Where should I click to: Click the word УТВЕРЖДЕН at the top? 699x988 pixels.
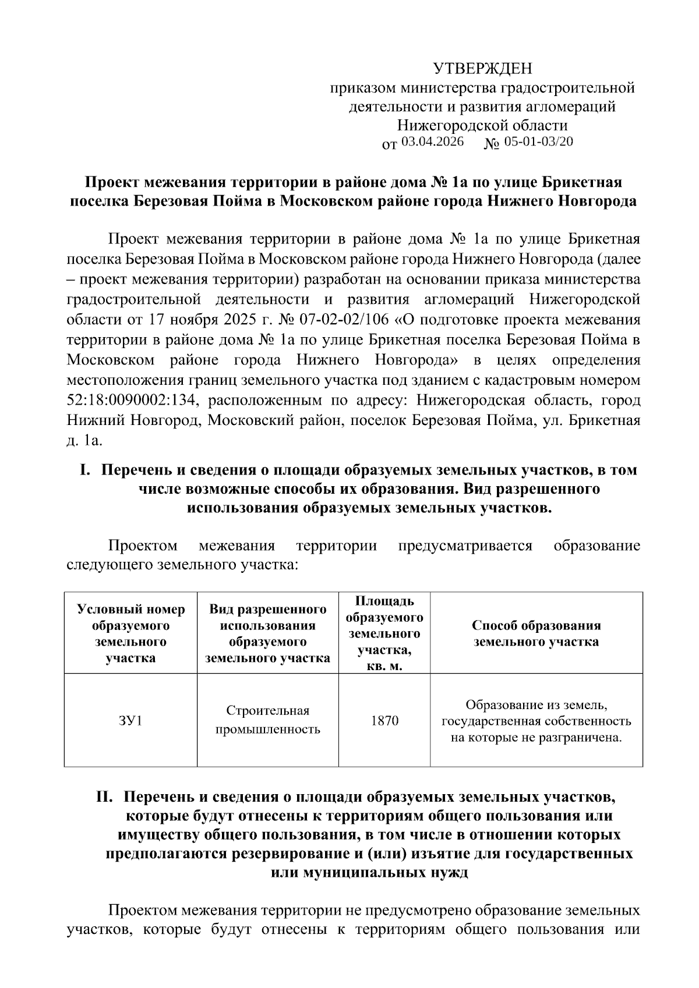pos(482,69)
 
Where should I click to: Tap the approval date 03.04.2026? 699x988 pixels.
pos(432,141)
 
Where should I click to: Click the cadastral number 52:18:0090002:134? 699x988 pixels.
pos(133,401)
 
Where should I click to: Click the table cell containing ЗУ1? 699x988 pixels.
pos(130,720)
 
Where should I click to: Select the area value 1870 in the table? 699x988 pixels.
pos(384,720)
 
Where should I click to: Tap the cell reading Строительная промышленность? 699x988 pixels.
pos(268,720)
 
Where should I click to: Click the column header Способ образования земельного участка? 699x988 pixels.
pos(536,633)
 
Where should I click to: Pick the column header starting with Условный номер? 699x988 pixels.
pos(130,633)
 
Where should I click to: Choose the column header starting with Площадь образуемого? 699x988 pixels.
pos(384,633)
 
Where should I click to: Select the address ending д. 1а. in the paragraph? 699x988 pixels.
pos(85,441)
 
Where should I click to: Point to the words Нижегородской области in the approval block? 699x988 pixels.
pos(482,125)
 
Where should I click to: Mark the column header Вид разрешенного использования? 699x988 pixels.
pos(268,633)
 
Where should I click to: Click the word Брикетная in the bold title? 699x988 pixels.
pos(583,182)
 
